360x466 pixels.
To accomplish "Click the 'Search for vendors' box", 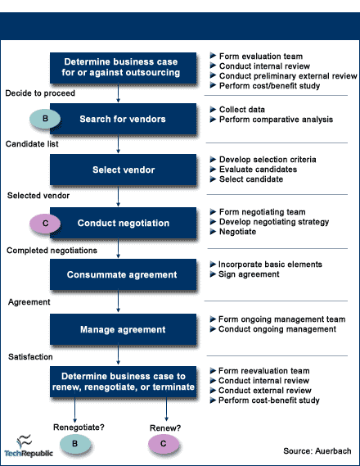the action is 123,119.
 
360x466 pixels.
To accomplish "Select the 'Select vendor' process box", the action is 123,170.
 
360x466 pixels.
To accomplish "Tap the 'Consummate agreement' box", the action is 123,274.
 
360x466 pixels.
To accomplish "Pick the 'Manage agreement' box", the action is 123,329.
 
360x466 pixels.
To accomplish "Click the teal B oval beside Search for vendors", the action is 45,119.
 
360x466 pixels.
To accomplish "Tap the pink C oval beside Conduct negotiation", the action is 45,224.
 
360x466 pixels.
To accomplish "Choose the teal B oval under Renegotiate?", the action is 75,444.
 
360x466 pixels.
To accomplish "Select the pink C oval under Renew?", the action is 164,444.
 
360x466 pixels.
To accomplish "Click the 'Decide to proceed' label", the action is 40,93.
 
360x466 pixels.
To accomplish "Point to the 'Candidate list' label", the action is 32,144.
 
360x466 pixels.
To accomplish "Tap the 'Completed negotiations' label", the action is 52,251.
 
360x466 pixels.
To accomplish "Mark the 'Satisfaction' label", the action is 30,356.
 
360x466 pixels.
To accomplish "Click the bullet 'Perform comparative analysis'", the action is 272,120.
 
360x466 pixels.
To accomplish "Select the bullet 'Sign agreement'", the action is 245,274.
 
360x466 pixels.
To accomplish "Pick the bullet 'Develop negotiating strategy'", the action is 269,222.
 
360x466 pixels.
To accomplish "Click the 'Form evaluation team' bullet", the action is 256,57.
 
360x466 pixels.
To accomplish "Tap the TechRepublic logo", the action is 29,446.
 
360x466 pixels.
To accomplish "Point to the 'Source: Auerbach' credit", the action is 317,450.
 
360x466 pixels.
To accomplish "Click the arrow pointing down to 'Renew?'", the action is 166,409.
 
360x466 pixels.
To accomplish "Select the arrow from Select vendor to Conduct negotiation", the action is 118,197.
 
